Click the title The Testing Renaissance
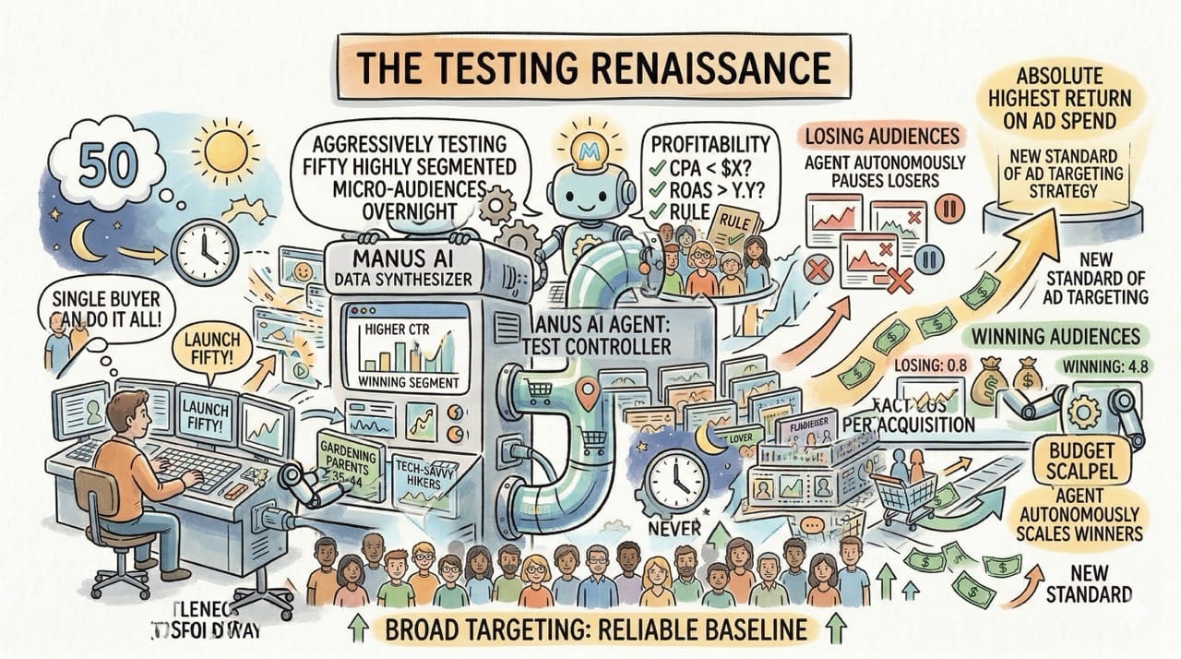[x=590, y=69]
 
